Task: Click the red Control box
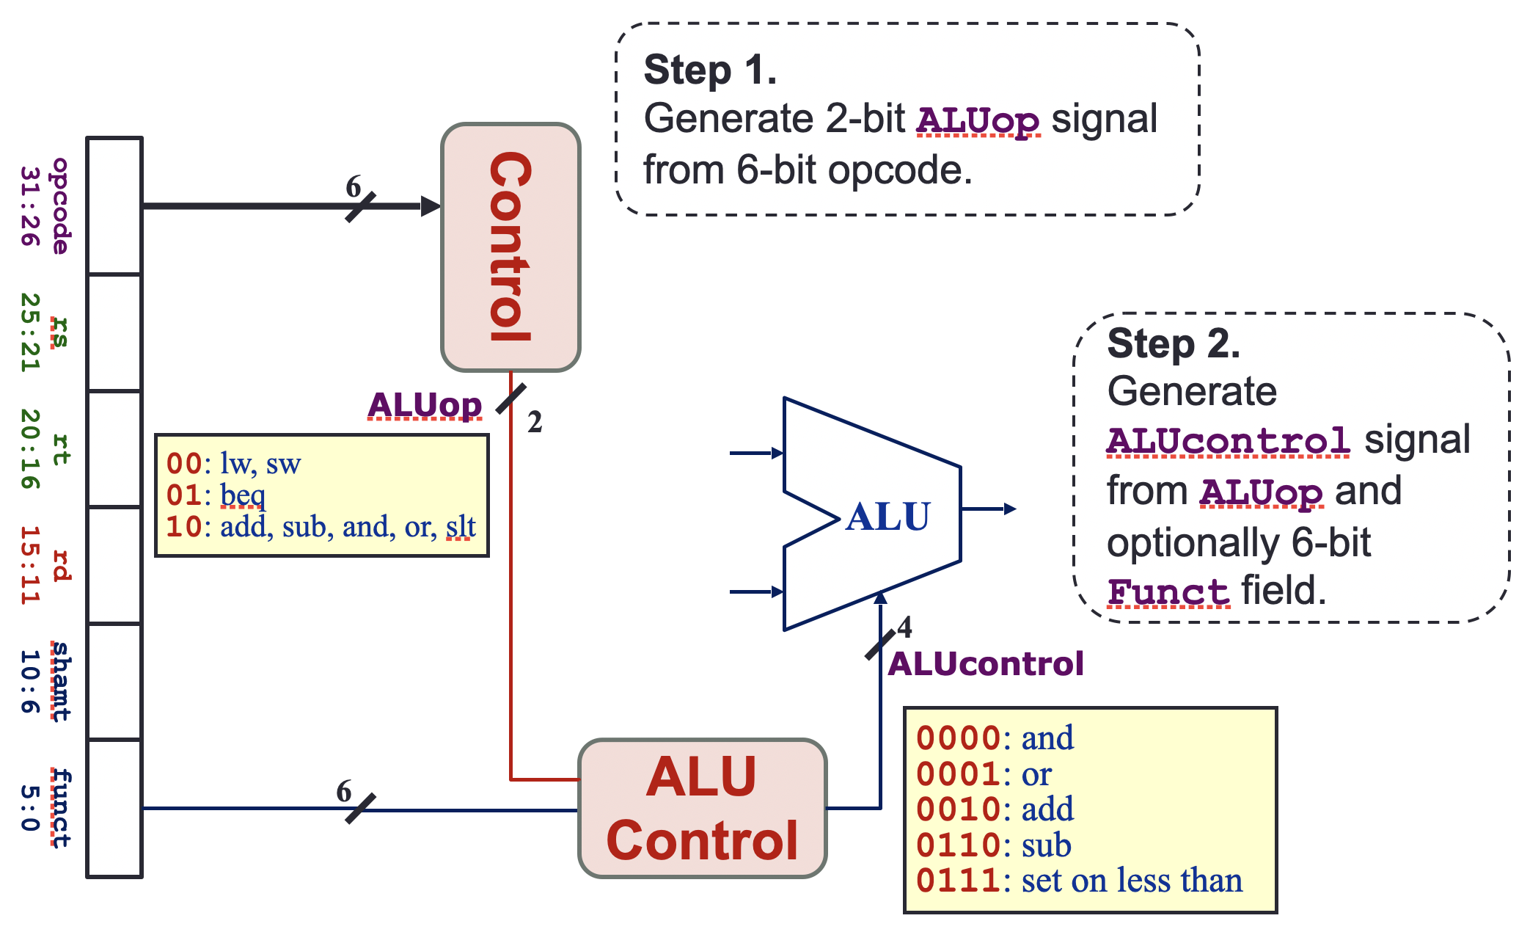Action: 510,247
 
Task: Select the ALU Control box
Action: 703,808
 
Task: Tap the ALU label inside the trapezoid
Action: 887,517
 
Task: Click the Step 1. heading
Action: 710,70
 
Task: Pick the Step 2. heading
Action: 1174,343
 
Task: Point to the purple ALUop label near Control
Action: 425,405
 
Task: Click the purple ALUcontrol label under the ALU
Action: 986,664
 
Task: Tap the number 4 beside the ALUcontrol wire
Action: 905,627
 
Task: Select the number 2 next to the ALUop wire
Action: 535,422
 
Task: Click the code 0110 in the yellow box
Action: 959,845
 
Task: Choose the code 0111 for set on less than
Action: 959,881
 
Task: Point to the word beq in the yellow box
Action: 243,496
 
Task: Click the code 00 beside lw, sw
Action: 184,464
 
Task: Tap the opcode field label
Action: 61,206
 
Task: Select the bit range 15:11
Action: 29,565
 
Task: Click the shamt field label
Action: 61,682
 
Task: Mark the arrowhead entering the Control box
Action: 431,206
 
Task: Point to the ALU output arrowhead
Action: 1010,509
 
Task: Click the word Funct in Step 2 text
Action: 1168,592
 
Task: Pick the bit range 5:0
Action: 29,808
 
